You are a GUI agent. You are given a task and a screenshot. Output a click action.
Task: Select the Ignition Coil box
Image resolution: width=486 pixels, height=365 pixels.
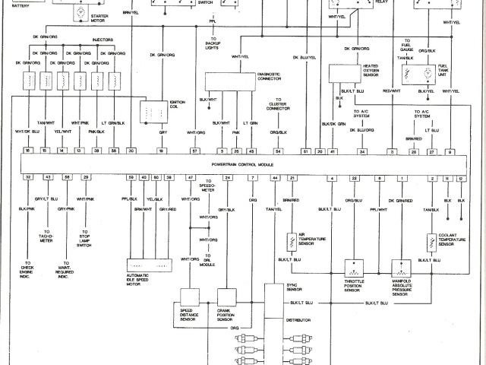159,111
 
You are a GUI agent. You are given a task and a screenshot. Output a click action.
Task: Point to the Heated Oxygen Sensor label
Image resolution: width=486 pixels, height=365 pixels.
350,71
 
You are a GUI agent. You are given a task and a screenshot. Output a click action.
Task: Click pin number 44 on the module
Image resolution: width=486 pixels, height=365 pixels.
275,177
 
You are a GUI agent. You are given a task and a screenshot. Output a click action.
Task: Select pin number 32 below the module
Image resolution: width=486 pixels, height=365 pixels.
28,177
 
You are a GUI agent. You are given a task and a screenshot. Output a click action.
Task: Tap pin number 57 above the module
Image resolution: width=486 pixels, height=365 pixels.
195,152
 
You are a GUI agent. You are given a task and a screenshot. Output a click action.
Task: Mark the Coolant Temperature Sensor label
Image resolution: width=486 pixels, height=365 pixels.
456,240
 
